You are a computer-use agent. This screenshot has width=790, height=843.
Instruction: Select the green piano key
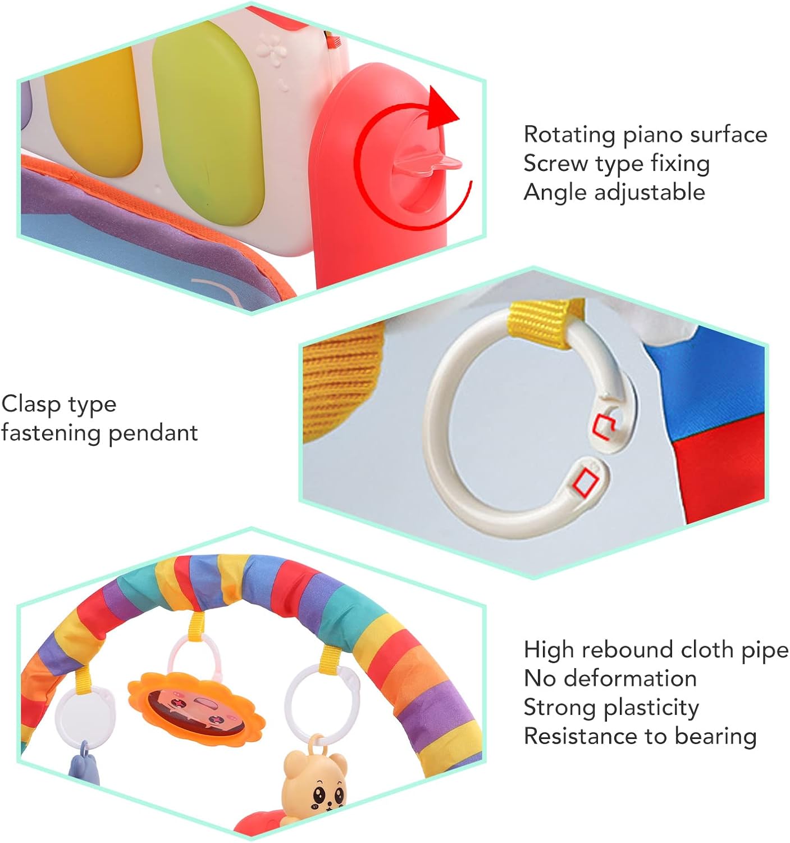208,118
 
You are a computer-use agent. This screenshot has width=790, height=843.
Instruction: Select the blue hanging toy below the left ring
84,764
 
